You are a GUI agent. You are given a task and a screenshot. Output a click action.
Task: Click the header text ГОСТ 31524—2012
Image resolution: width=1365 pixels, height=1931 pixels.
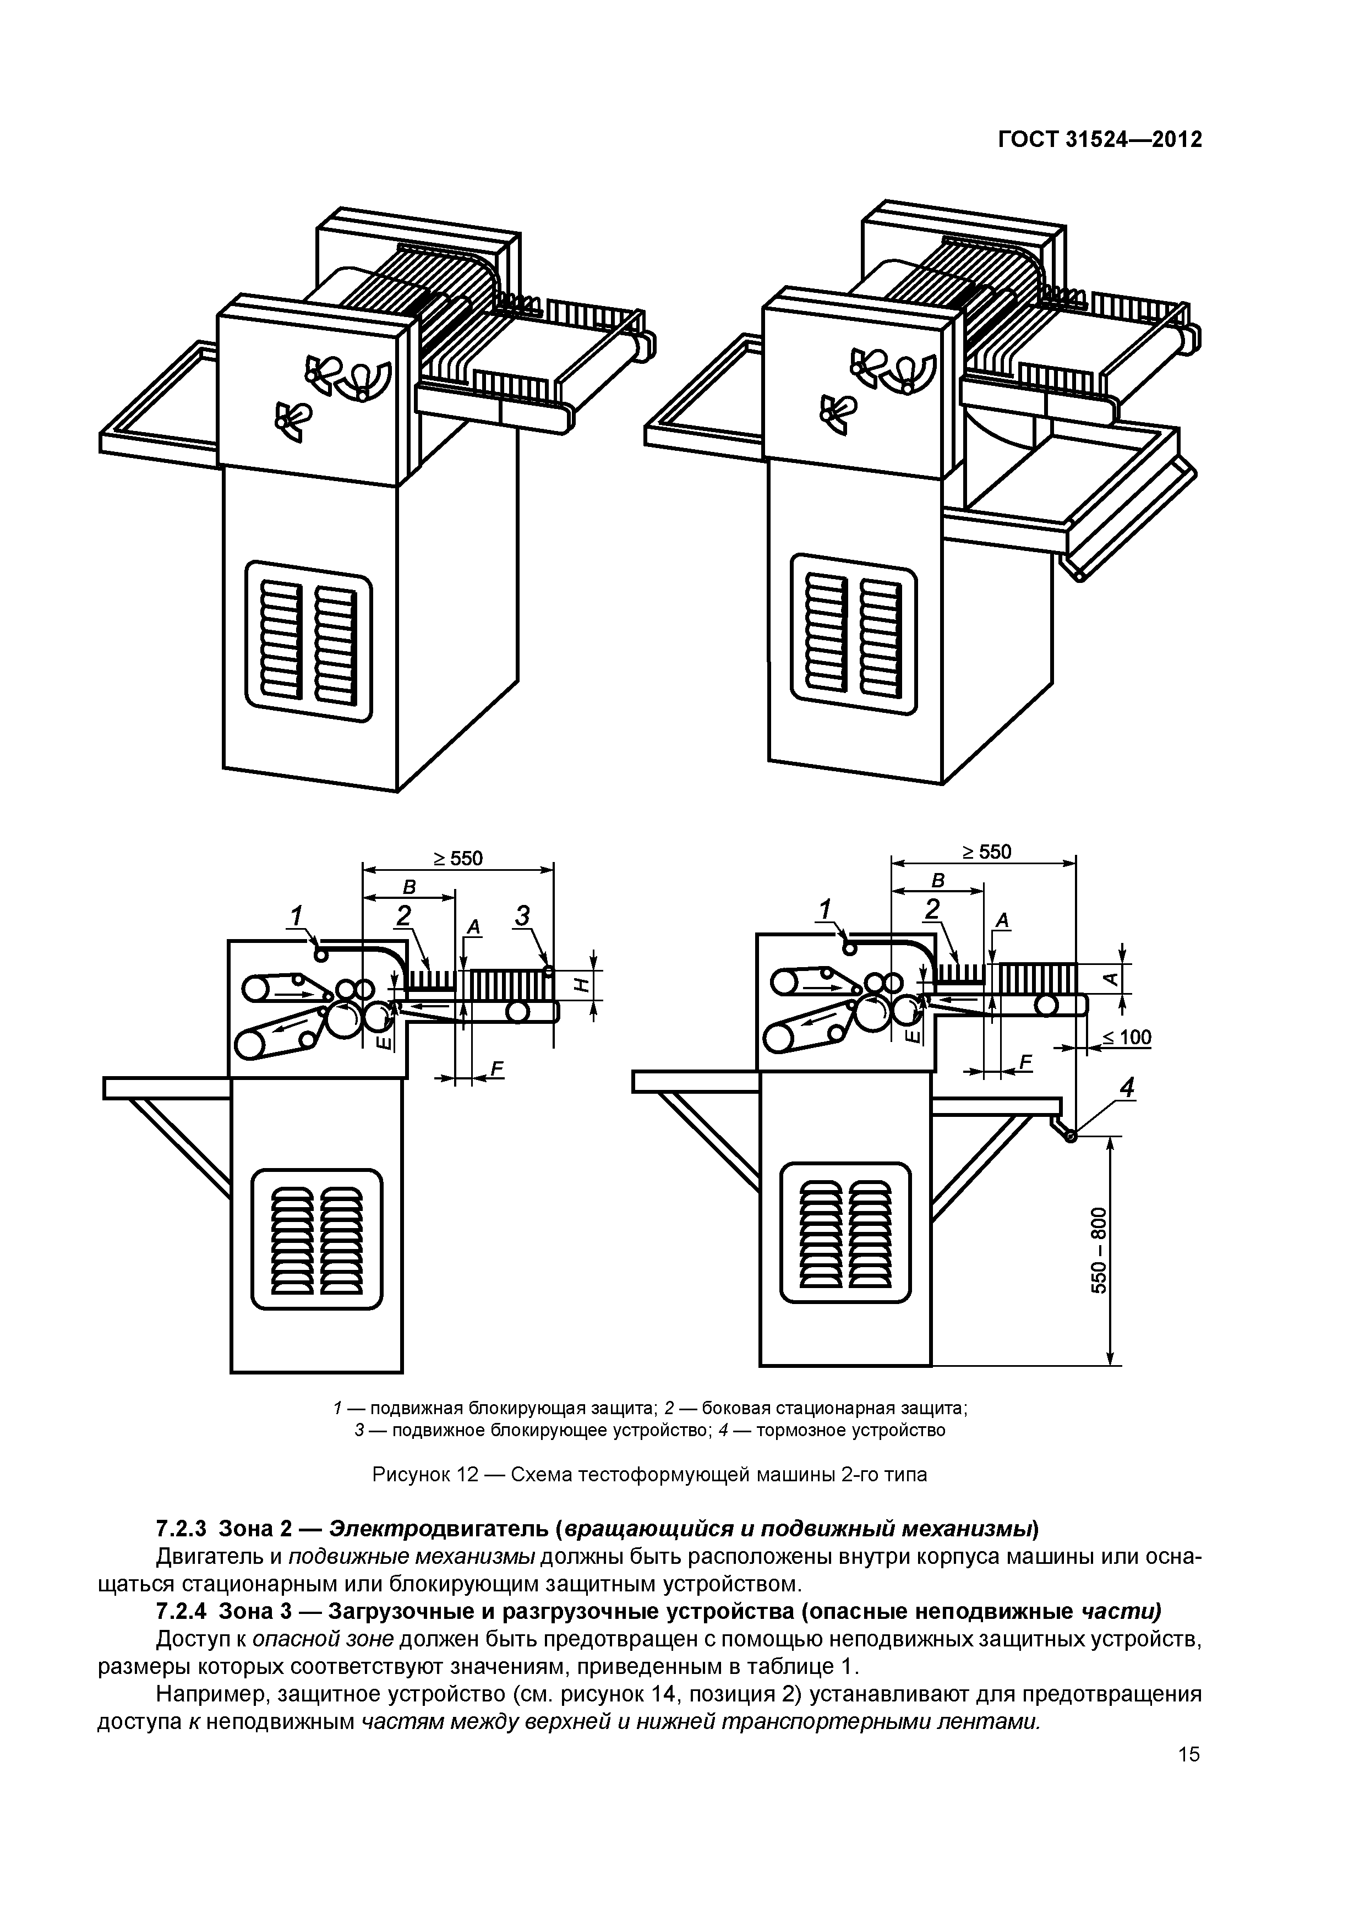(1099, 140)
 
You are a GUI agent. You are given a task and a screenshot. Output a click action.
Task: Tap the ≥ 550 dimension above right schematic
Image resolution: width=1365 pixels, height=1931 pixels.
(986, 852)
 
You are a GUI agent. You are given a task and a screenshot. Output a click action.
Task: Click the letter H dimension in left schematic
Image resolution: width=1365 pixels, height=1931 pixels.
(580, 983)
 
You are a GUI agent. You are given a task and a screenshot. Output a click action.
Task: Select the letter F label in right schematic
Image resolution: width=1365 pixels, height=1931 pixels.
(1024, 1062)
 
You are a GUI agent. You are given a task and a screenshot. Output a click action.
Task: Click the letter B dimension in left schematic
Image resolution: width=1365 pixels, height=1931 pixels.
(409, 887)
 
